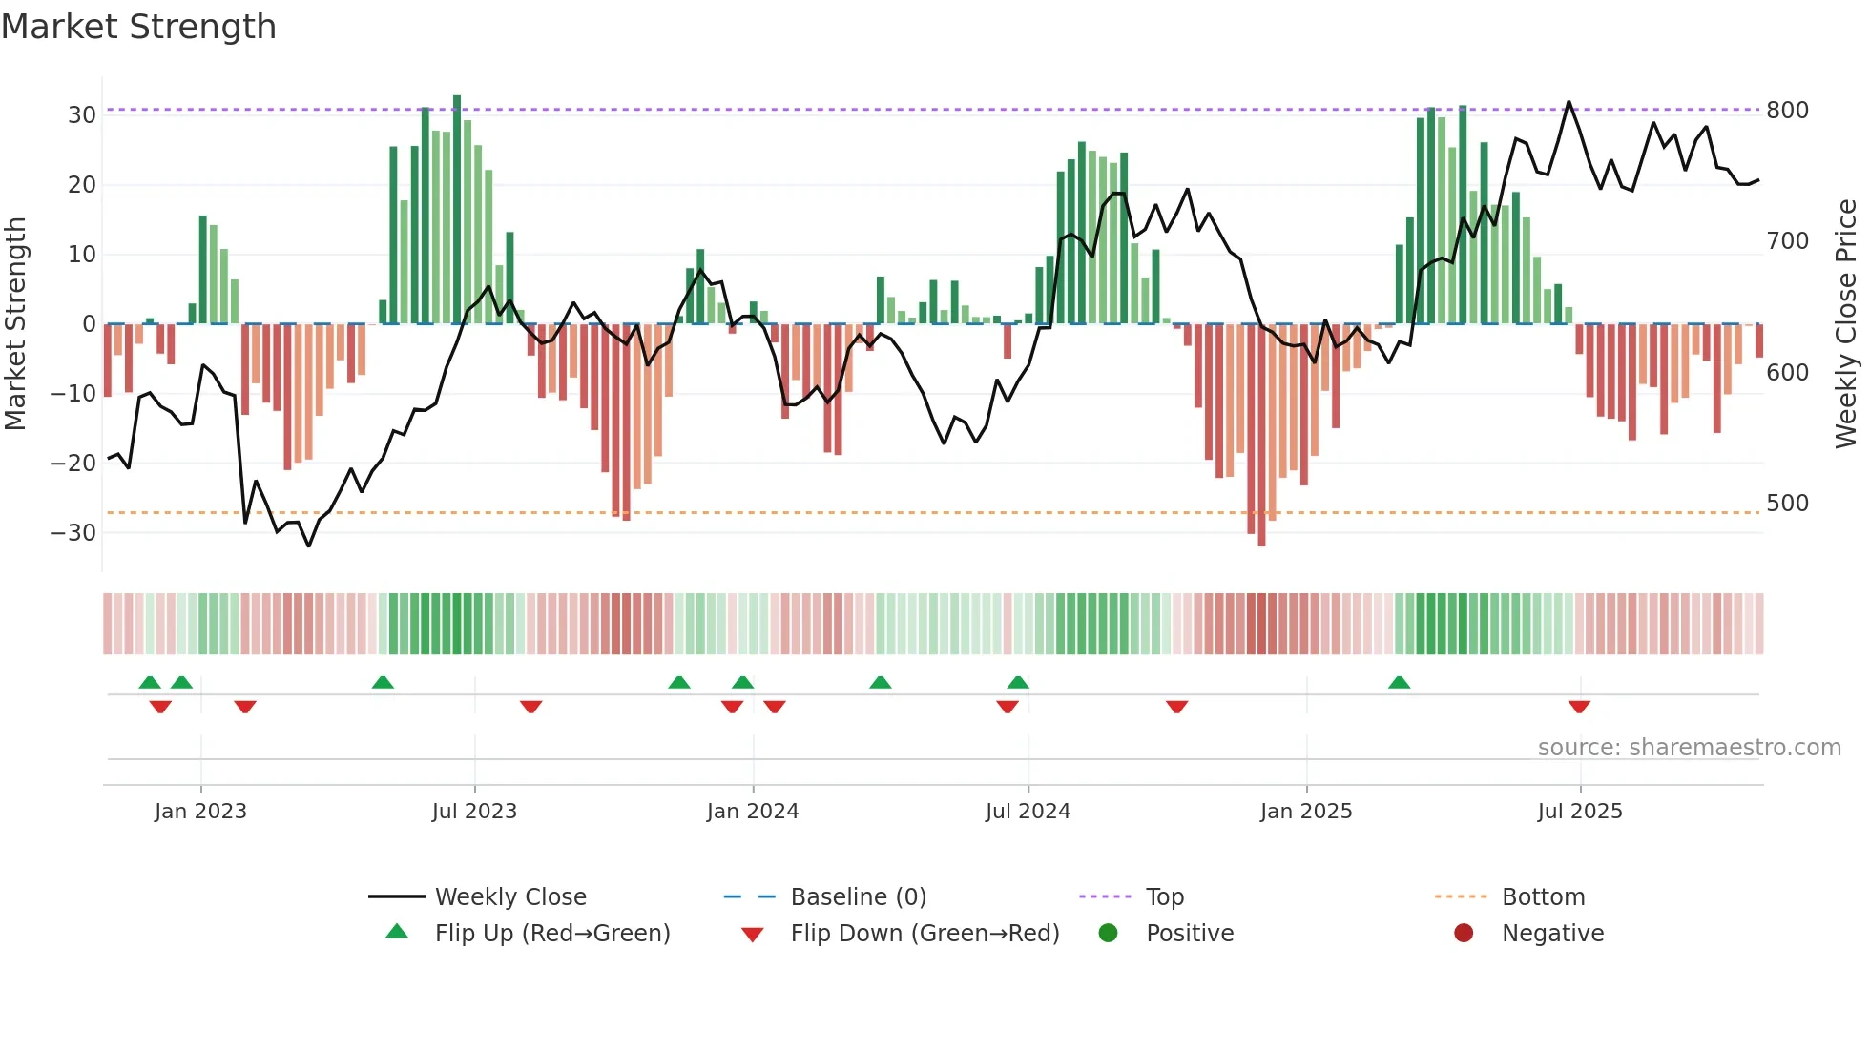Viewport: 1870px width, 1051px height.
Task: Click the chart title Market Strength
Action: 138,27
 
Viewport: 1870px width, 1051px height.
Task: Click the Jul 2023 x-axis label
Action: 474,812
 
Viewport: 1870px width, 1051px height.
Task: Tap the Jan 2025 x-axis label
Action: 1306,812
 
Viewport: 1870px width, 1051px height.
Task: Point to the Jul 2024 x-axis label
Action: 1028,812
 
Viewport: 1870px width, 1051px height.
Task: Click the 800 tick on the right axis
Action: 1787,111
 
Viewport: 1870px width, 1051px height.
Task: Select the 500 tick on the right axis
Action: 1787,504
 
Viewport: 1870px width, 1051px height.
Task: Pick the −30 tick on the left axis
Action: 73,532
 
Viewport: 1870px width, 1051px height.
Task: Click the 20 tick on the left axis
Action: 82,185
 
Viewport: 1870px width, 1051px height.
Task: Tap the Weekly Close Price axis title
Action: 1846,324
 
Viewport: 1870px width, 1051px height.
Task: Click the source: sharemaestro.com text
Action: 1689,748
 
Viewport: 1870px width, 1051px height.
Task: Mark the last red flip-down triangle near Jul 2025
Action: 1579,707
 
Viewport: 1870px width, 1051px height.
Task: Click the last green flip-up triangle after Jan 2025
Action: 1399,682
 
